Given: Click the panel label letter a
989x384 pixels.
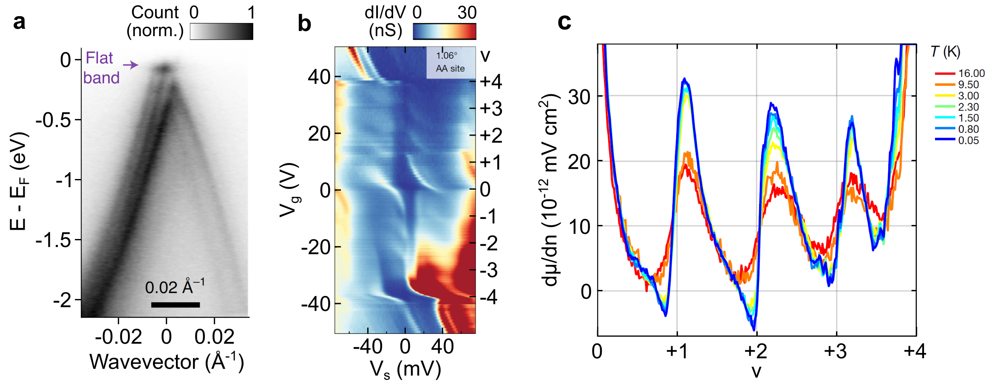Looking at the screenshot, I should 19,22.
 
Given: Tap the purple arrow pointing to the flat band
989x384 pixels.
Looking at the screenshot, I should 130,65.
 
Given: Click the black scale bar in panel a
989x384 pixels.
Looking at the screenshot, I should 175,304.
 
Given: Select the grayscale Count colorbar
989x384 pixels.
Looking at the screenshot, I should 221,31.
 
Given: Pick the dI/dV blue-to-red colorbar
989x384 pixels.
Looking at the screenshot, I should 444,31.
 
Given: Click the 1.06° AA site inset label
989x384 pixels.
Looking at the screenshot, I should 450,62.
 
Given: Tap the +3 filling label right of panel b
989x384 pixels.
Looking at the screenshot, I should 491,109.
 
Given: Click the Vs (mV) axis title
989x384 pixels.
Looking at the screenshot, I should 405,369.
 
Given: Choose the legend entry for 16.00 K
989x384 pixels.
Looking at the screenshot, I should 959,74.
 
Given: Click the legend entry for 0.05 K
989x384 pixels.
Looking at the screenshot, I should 959,140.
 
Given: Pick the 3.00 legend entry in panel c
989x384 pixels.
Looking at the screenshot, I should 959,96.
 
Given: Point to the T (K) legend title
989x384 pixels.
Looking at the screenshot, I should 945,52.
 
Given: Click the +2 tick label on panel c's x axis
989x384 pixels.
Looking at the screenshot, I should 756,352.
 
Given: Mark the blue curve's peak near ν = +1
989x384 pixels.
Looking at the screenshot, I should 684,79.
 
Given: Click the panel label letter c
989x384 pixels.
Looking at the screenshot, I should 564,22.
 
